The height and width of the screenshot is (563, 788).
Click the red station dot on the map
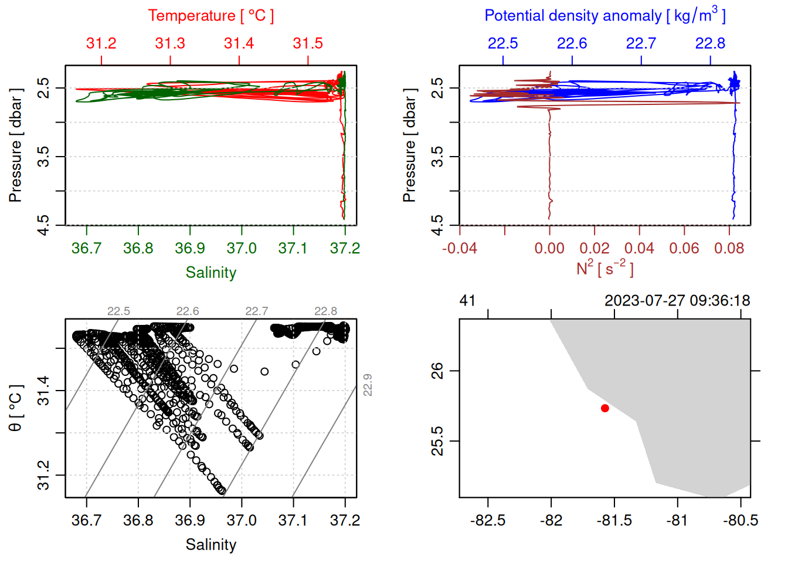(x=604, y=408)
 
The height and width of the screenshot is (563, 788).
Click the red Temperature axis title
(x=211, y=16)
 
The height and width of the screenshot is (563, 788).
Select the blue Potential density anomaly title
(x=604, y=15)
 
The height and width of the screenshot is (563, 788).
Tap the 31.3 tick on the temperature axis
(x=170, y=43)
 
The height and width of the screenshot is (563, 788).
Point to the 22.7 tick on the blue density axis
(x=641, y=43)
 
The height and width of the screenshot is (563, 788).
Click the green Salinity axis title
(x=211, y=273)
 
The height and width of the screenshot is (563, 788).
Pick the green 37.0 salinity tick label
(x=242, y=248)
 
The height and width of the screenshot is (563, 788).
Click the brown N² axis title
(x=604, y=269)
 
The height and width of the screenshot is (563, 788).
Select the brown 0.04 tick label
(x=639, y=248)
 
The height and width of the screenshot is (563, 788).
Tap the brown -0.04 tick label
(x=460, y=248)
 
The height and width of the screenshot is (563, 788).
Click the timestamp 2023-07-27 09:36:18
(x=677, y=301)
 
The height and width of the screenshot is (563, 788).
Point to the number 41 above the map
(x=467, y=301)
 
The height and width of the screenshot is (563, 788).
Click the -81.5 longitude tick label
(x=614, y=521)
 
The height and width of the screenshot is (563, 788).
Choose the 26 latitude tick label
(x=437, y=371)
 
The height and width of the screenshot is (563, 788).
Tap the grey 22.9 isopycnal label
(x=368, y=385)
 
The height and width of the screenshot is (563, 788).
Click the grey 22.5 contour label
(x=118, y=311)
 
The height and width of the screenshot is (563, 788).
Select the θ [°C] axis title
(x=15, y=408)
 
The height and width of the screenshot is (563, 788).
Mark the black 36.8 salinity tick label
(x=138, y=520)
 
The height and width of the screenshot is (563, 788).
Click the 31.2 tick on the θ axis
(x=43, y=475)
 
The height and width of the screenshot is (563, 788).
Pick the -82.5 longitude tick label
(x=488, y=521)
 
